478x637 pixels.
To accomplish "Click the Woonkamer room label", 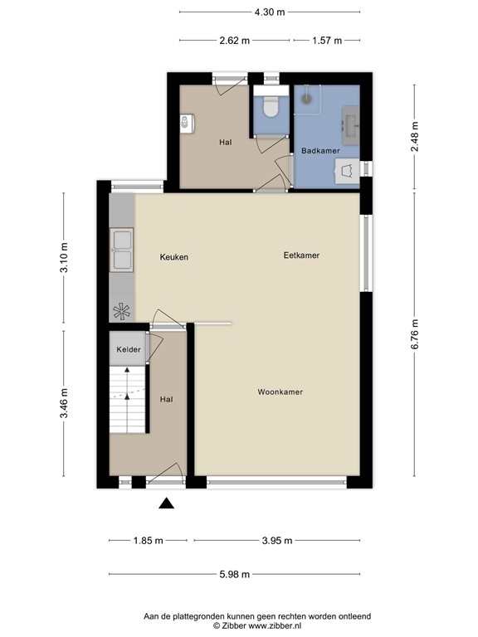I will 280,392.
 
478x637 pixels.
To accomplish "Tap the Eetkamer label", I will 301,256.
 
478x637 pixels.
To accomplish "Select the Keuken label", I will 174,257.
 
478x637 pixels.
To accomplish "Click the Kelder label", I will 129,350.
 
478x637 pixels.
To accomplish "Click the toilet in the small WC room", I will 270,108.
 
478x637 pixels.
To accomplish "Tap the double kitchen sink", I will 122,249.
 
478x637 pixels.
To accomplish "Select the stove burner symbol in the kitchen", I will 122,311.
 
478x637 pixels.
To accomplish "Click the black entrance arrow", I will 167,503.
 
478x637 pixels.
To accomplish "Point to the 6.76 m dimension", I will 416,336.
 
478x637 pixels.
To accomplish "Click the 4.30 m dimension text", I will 269,12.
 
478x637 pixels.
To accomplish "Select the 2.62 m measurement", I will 235,40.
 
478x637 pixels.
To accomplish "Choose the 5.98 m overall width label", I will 235,574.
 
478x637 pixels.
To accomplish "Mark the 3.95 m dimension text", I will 276,541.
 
